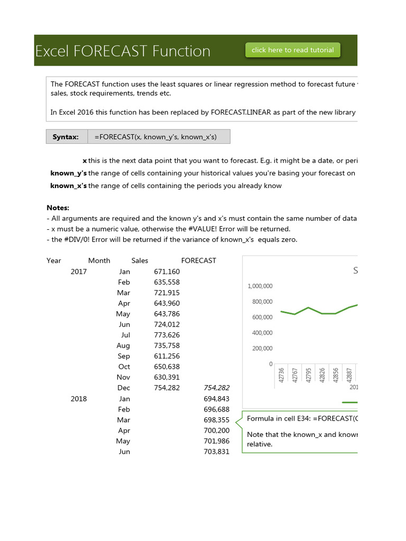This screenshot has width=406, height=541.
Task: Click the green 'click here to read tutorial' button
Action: tap(293, 50)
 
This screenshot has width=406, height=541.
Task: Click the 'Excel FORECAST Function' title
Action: tap(123, 51)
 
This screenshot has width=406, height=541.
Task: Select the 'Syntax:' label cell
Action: tap(66, 137)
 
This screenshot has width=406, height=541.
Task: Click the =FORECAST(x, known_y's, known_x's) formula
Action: tap(155, 137)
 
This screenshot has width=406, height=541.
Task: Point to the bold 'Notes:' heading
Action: tap(58, 208)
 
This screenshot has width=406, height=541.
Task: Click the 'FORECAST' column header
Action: tap(198, 260)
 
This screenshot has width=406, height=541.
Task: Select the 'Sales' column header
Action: tap(140, 260)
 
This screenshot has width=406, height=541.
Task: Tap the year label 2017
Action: tap(79, 272)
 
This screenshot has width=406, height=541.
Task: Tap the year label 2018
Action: tap(79, 399)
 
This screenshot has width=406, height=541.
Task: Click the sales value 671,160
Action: tap(167, 272)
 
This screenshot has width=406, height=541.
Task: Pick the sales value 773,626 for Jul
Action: tap(167, 335)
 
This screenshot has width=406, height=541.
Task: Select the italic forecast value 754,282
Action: tap(216, 388)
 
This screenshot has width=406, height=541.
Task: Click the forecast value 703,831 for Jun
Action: tap(216, 452)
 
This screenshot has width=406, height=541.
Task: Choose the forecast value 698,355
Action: tap(216, 420)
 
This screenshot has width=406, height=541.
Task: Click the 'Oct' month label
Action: tap(124, 367)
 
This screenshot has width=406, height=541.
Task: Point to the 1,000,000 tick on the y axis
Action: tap(260, 286)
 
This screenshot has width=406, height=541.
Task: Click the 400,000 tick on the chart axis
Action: tap(260, 333)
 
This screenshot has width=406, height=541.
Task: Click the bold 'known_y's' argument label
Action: tap(68, 173)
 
